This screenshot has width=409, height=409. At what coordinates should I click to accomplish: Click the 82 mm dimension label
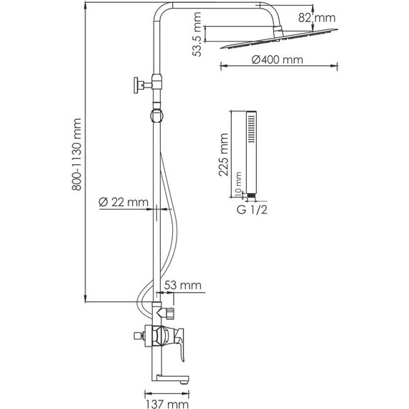pos(316,18)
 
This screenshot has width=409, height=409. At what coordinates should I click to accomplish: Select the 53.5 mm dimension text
pos(197,34)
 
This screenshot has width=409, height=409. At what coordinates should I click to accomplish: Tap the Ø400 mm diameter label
pos(277,60)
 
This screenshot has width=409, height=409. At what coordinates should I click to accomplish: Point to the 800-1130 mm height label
pos(77,154)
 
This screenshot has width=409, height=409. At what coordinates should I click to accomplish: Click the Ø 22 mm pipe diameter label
pos(123,202)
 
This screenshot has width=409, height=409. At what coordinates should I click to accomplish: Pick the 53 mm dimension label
pos(182,285)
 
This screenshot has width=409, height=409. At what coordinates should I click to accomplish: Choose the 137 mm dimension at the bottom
pos(167,404)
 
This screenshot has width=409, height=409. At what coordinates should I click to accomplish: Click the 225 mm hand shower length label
pos(224,155)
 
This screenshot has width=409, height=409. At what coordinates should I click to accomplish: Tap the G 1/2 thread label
pos(252,210)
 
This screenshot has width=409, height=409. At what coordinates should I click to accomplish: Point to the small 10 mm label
pos(238,183)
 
